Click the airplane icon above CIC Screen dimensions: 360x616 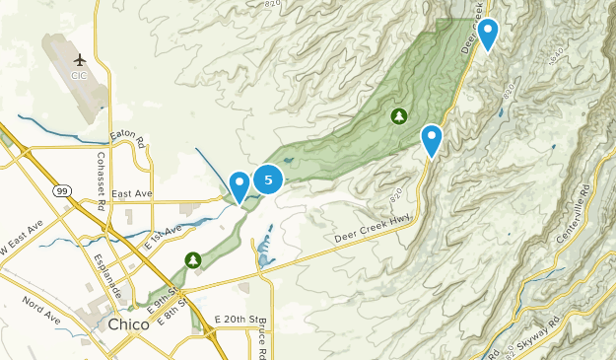coord(80,60)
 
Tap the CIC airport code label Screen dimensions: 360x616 coord(80,75)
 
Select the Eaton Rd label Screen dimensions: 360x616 coord(127,136)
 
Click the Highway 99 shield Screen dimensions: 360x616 coord(63,190)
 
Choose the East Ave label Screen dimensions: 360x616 coord(130,194)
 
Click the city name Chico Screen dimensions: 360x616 coord(128,324)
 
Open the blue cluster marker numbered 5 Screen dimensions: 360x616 coord(268,180)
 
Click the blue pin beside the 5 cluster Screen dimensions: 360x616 coord(240,184)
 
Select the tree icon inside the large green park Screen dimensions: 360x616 coord(399,117)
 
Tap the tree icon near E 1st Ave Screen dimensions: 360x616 coord(193,259)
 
